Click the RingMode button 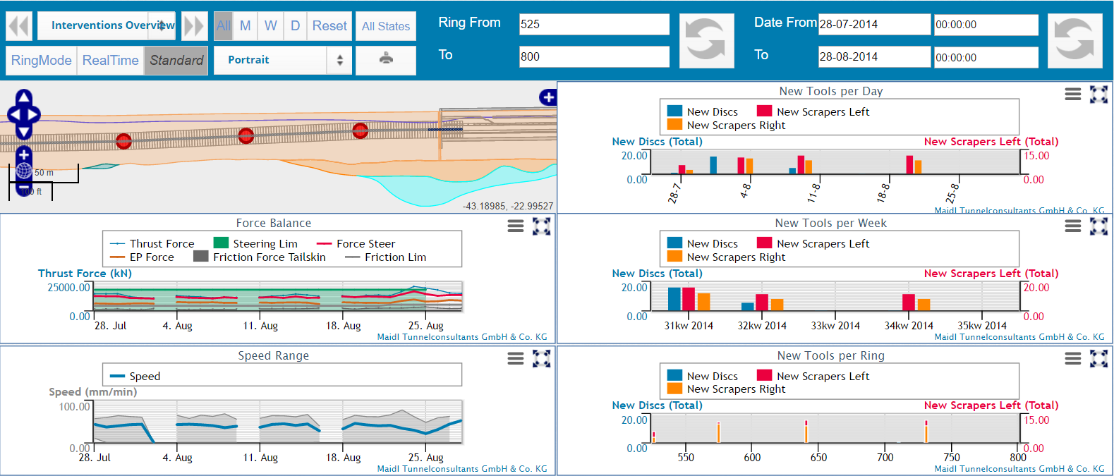coord(41,61)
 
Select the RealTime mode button coord(110,61)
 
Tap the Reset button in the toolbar coord(329,26)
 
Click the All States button coord(385,26)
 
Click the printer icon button coord(386,59)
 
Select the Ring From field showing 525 coord(593,24)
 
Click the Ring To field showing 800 coord(593,56)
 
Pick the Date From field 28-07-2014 coord(873,24)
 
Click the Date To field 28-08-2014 coord(873,57)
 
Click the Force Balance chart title coord(273,223)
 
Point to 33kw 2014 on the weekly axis coord(835,326)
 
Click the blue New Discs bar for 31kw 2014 coord(674,299)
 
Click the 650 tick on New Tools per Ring coord(818,458)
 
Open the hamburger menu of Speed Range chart coord(516,359)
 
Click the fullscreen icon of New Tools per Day coord(1098,94)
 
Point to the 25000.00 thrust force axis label coord(68,288)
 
